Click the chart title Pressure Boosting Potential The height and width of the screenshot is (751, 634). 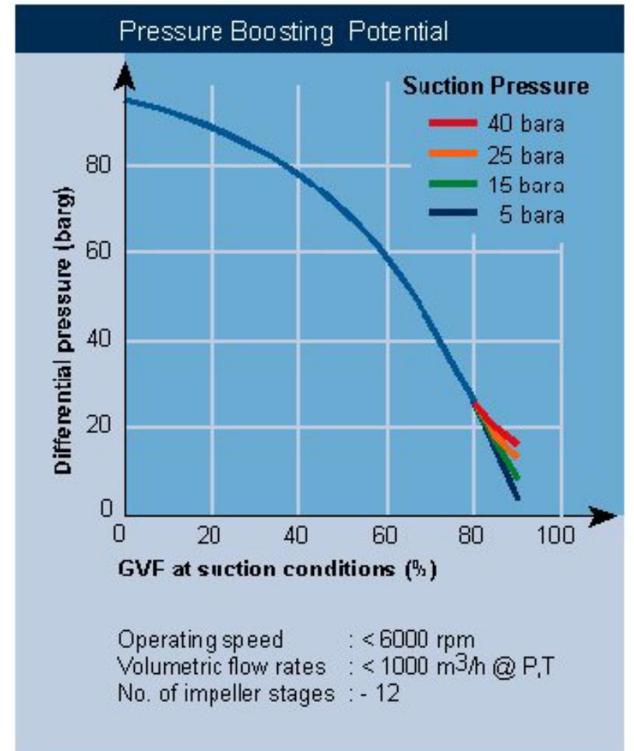pos(284,32)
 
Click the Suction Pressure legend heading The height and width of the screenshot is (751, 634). pos(495,86)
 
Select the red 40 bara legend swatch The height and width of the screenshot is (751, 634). pos(452,123)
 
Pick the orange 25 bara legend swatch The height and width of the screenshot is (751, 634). pos(452,154)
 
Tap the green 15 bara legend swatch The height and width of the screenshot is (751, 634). pos(452,185)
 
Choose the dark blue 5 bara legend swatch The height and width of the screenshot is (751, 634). pos(452,214)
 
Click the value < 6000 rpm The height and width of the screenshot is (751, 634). pos(403,640)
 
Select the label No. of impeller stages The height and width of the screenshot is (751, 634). pos(226,693)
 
